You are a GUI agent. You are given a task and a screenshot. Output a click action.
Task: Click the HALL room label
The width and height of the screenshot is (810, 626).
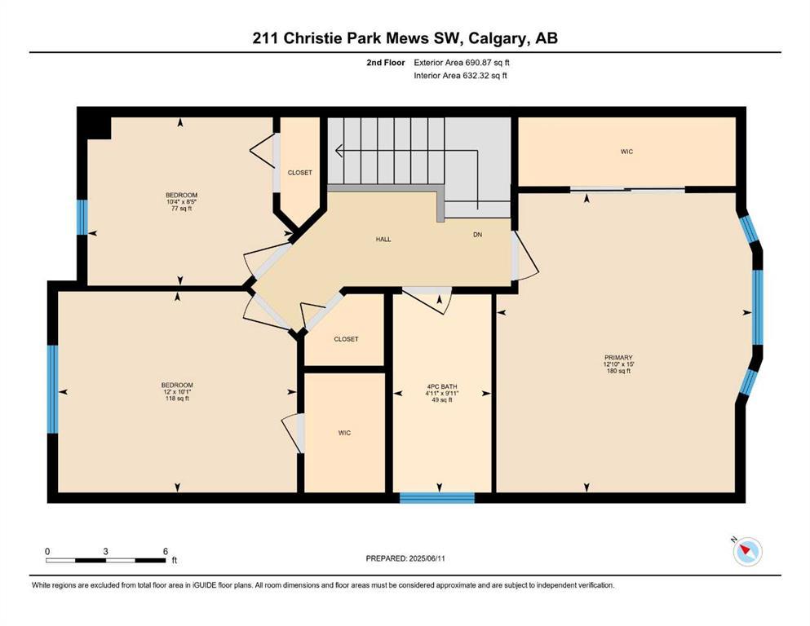383,240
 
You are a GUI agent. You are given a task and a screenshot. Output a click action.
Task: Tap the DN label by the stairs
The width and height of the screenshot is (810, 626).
478,235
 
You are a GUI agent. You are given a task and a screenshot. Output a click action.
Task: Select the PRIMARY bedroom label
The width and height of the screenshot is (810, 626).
618,358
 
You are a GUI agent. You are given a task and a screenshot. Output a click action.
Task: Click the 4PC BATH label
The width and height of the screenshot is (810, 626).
442,386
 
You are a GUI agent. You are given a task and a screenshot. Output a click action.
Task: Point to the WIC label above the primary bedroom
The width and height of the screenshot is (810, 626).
626,152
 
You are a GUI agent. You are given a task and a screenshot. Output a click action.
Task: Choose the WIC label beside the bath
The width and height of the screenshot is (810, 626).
344,433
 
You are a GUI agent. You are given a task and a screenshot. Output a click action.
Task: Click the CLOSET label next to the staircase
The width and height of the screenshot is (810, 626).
300,173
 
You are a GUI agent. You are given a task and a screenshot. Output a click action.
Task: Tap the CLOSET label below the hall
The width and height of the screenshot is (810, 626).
346,339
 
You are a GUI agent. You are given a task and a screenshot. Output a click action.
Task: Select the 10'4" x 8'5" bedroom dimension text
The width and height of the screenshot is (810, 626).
181,202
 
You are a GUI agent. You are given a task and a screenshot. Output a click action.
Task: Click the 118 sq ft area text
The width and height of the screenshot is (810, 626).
177,399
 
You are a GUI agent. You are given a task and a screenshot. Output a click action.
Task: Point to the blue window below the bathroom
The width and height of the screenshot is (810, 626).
437,498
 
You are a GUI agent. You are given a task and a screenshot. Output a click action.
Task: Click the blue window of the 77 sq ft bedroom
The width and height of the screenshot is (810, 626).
82,218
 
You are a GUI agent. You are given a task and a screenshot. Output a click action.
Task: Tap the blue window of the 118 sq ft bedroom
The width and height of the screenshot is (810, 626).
53,389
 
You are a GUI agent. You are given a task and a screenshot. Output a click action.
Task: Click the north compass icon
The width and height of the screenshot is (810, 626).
747,551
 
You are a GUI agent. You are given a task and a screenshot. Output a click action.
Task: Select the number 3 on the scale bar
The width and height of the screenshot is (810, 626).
105,551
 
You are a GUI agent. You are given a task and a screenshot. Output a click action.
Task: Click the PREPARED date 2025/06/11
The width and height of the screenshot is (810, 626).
427,558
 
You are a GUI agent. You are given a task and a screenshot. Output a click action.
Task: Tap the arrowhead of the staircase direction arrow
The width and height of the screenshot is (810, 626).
339,152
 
